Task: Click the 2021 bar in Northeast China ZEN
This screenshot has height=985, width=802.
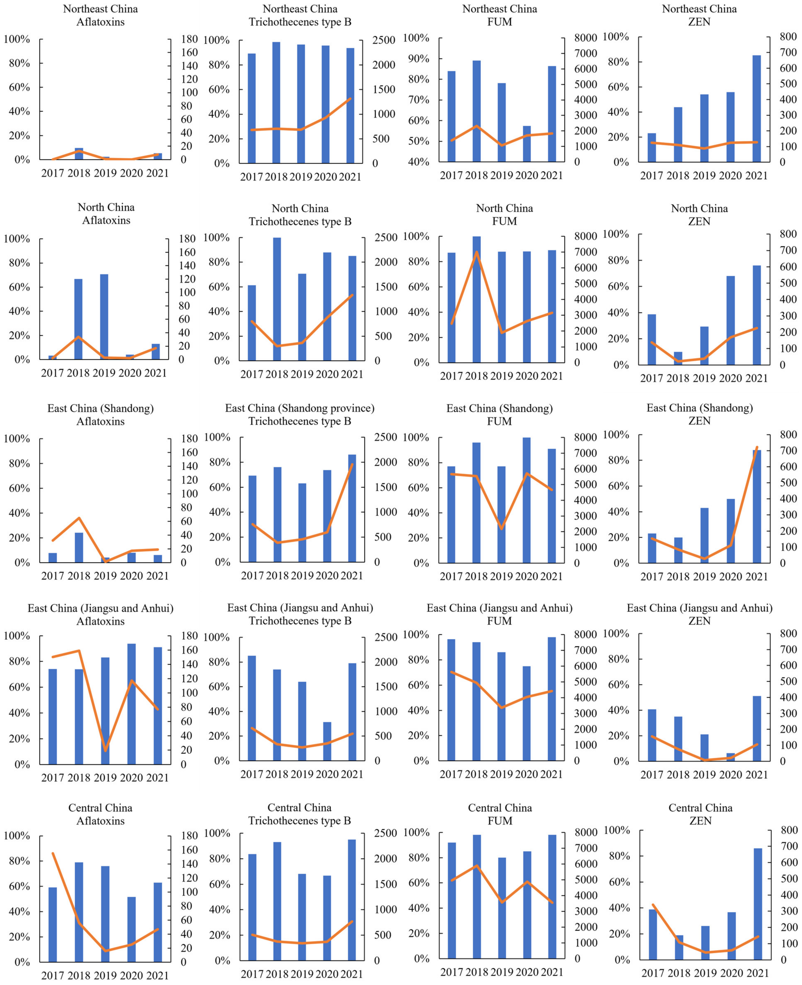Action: pyautogui.click(x=757, y=109)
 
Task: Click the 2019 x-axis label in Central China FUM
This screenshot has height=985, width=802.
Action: pyautogui.click(x=502, y=972)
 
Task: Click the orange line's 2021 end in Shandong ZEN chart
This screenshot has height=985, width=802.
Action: pyautogui.click(x=757, y=447)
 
